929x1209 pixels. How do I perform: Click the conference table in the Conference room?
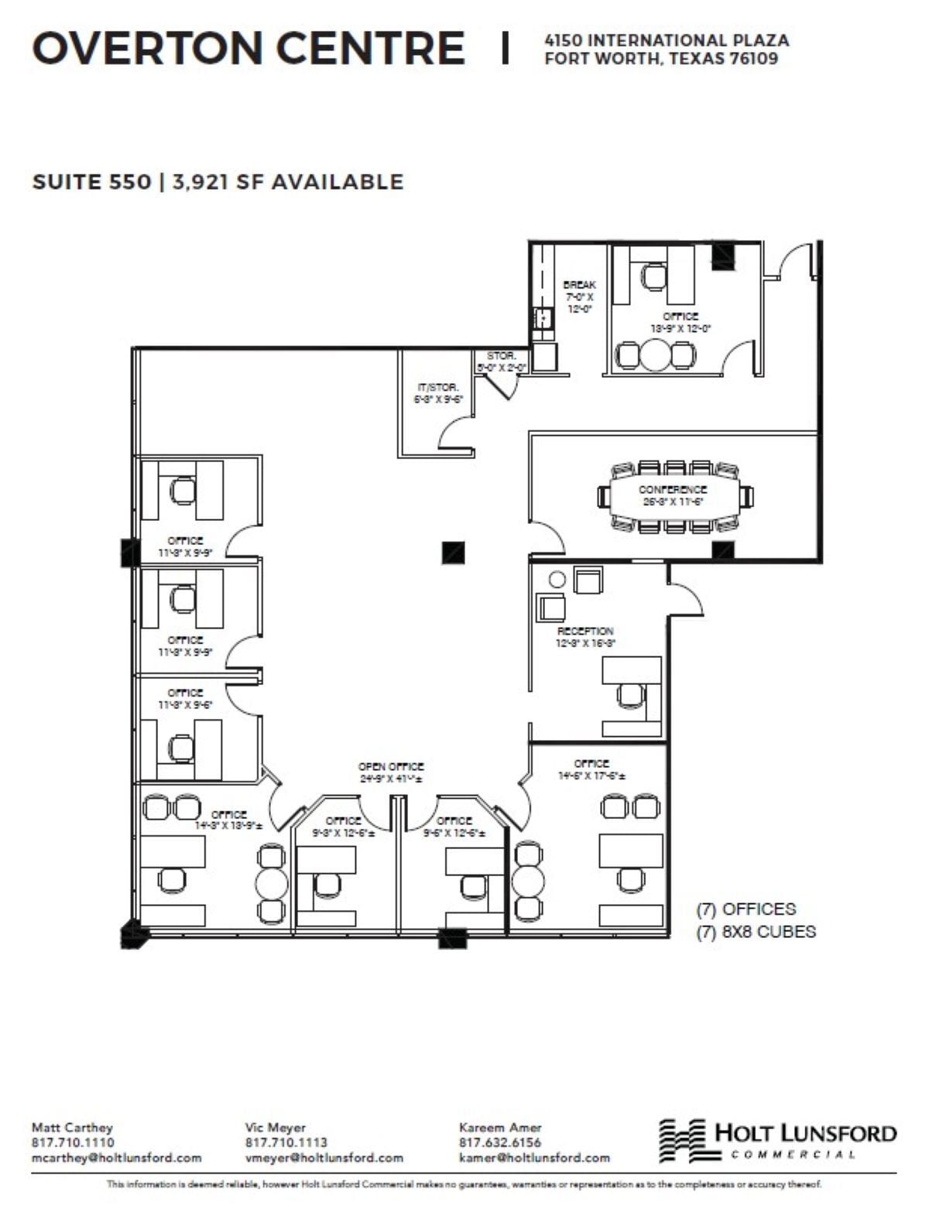[672, 495]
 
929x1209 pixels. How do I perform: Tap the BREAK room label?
[579, 285]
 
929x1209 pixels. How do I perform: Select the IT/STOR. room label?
[437, 387]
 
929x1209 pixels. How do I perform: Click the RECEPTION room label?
[585, 631]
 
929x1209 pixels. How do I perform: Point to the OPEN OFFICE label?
[391, 766]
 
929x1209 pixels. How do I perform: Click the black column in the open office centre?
[453, 552]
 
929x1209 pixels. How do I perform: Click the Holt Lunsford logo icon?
[682, 1140]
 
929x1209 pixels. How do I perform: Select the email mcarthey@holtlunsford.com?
[116, 1158]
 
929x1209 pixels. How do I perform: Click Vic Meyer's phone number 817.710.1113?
[286, 1142]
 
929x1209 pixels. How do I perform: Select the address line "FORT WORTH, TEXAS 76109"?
[661, 58]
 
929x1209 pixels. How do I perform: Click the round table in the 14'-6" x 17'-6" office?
[530, 881]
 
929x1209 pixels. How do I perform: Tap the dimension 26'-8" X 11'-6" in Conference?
[672, 501]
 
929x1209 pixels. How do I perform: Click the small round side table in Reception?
[556, 579]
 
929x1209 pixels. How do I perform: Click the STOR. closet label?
[501, 355]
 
